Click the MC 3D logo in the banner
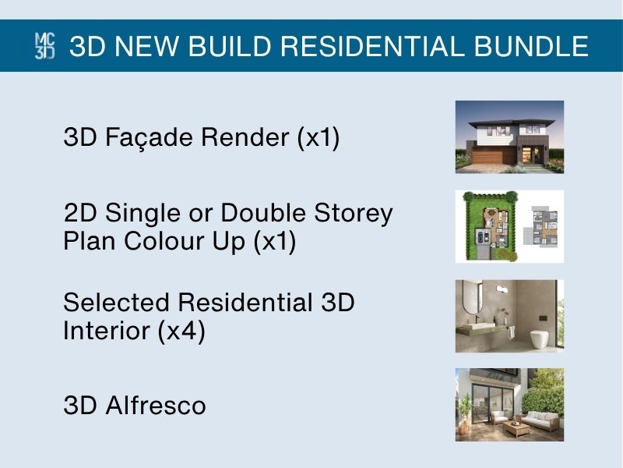[x=45, y=46]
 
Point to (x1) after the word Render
[x=319, y=138]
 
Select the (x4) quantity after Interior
[x=181, y=331]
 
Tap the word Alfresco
[x=155, y=406]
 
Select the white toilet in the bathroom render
[x=539, y=339]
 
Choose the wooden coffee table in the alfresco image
[x=516, y=428]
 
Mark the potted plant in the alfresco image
[x=463, y=414]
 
